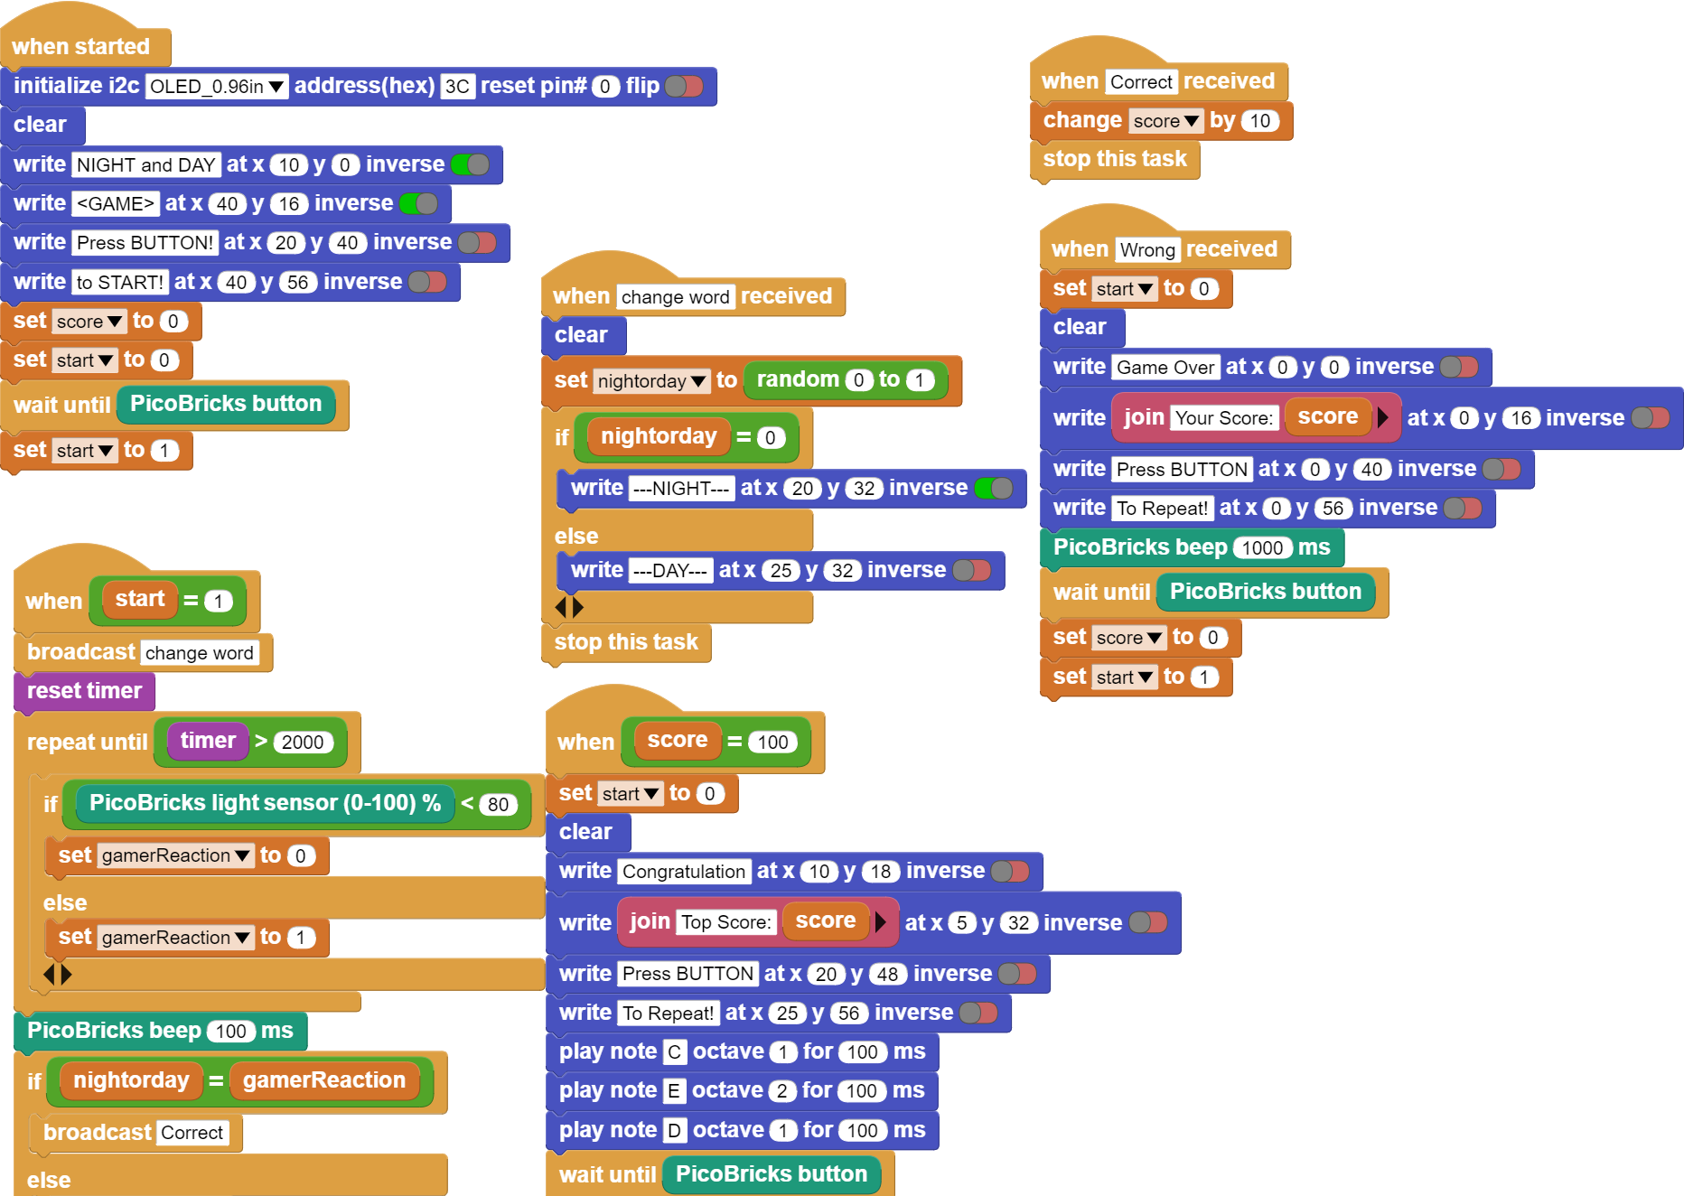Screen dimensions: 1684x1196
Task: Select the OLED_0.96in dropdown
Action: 216,86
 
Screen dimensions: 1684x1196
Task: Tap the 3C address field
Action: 457,86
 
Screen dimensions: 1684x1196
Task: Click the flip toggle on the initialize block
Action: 684,86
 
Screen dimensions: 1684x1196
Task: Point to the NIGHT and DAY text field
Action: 146,164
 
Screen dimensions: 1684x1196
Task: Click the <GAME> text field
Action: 116,203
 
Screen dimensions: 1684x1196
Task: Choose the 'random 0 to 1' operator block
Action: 845,379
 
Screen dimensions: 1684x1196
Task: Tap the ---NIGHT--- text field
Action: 682,489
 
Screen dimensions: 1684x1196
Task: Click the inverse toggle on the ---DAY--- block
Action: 972,571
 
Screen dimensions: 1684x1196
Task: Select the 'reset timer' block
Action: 85,691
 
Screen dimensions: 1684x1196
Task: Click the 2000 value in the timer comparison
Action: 303,743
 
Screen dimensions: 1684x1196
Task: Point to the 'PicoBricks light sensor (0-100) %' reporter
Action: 265,803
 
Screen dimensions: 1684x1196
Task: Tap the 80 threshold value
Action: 499,804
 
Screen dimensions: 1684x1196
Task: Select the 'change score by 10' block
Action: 1161,120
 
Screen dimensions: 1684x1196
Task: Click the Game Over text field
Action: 1165,368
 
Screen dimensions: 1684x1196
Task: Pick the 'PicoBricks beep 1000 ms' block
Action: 1192,547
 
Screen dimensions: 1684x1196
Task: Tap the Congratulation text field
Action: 684,872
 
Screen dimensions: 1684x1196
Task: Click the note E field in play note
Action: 674,1091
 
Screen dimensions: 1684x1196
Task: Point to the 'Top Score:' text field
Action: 726,922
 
